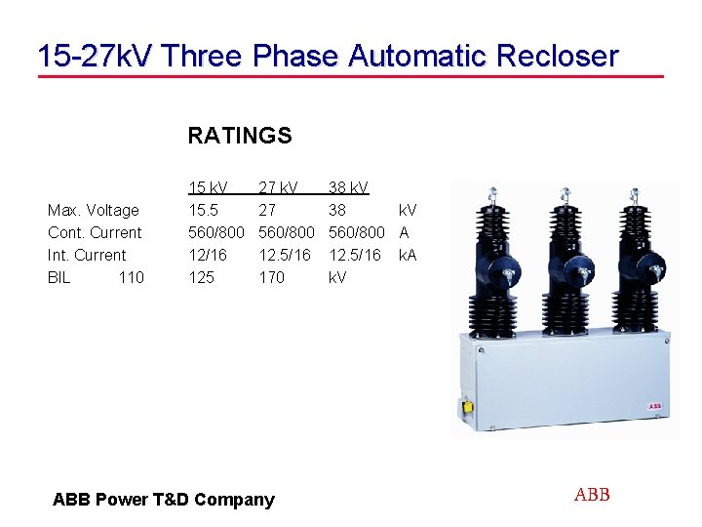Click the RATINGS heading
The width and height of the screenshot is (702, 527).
tap(240, 136)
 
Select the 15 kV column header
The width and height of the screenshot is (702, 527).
tap(208, 187)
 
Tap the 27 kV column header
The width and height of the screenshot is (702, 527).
tap(279, 187)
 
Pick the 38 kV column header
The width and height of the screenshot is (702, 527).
tap(348, 187)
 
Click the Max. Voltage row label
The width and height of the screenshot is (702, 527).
tap(94, 210)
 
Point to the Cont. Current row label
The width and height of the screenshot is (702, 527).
tap(95, 232)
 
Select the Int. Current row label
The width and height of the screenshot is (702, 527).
tap(87, 255)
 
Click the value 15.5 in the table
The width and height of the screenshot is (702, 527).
tap(203, 210)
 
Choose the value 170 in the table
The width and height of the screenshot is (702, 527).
tap(271, 277)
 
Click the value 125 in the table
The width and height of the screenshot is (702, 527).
tap(201, 277)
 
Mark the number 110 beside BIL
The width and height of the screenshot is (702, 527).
tap(131, 277)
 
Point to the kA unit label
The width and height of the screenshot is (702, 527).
tap(408, 255)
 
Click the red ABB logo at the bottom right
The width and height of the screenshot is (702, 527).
tap(592, 495)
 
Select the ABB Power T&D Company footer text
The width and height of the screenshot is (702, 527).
tap(164, 500)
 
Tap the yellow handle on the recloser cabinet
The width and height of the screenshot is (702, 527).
tap(468, 406)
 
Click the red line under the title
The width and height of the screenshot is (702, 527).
tap(350, 76)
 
